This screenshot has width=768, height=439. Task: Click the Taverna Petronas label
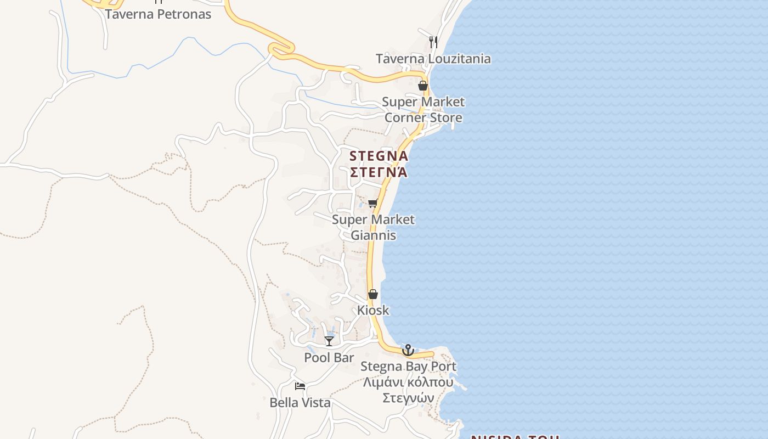158,14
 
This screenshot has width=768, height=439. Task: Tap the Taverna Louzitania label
433,59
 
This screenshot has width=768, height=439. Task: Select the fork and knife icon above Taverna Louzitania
433,42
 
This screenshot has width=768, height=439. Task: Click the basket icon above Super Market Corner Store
423,86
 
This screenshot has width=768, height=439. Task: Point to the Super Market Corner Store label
423,110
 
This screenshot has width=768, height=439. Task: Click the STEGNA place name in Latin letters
379,156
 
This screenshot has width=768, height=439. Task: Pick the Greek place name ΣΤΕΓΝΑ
379,172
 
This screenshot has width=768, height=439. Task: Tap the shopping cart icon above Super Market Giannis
373,204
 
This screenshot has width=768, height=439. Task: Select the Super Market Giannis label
373,227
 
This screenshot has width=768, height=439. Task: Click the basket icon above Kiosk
373,295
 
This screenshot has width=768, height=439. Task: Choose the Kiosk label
373,310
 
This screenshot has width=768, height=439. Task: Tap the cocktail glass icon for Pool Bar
329,341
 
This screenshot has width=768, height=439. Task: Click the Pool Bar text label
329,358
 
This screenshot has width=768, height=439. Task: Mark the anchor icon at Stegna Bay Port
408,350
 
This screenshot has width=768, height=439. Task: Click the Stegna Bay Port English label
408,366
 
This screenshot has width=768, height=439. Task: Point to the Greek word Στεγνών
408,398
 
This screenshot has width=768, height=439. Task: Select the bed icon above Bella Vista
300,386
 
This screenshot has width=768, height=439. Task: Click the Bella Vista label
300,403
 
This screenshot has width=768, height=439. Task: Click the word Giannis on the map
373,235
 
